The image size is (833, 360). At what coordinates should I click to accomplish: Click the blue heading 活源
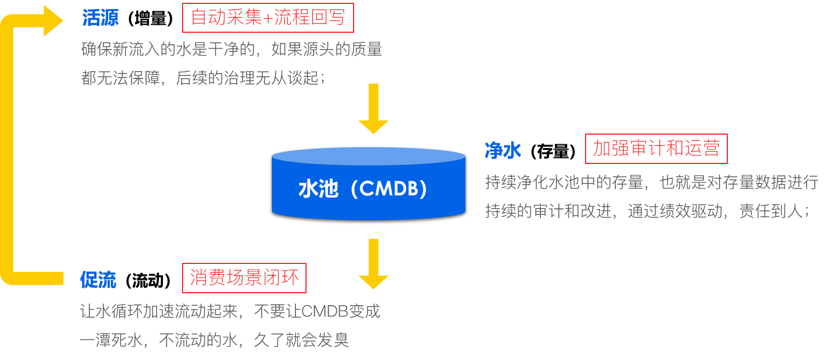tap(100, 18)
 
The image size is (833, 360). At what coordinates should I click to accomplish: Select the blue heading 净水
tap(502, 150)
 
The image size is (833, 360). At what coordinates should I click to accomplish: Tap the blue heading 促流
tap(98, 280)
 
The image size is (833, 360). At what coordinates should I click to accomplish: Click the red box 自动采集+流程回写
tap(268, 18)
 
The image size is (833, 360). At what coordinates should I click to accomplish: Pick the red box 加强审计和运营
tap(656, 149)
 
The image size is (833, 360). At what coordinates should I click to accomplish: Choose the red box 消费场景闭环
tap(244, 278)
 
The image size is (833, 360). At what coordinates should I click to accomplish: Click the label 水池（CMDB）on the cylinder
tap(363, 189)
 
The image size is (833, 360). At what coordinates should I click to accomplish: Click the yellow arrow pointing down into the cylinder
tap(373, 109)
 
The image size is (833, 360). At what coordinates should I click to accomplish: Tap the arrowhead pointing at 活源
tap(53, 21)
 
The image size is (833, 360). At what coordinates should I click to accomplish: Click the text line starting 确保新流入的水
tap(232, 49)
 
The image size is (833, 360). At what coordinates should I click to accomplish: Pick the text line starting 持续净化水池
tap(651, 182)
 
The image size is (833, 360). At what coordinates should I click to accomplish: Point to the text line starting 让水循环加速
tap(230, 311)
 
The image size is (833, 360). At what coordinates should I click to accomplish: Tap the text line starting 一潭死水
tap(214, 340)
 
